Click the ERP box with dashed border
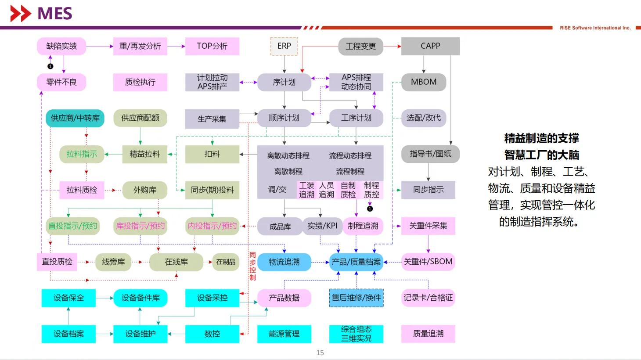pyautogui.click(x=284, y=46)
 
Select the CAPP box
pyautogui.click(x=430, y=46)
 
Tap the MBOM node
pyautogui.click(x=424, y=82)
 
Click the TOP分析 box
pyautogui.click(x=212, y=46)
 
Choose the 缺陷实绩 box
pyautogui.click(x=61, y=46)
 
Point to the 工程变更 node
pyautogui.click(x=360, y=46)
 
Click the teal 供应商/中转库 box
pyautogui.click(x=75, y=118)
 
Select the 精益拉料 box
pyautogui.click(x=144, y=154)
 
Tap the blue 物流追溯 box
pyautogui.click(x=284, y=262)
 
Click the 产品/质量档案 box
pyautogui.click(x=356, y=262)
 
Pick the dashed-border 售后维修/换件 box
pyautogui.click(x=356, y=298)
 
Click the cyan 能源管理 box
pyautogui.click(x=284, y=334)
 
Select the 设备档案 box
pyautogui.click(x=68, y=334)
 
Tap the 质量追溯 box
pyautogui.click(x=428, y=334)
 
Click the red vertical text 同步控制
pyautogui.click(x=252, y=266)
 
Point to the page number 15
pyautogui.click(x=320, y=353)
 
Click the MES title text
pyautogui.click(x=55, y=14)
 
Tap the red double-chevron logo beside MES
pyautogui.click(x=21, y=14)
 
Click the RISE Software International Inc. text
pyautogui.click(x=595, y=28)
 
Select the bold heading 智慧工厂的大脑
pyautogui.click(x=542, y=155)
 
